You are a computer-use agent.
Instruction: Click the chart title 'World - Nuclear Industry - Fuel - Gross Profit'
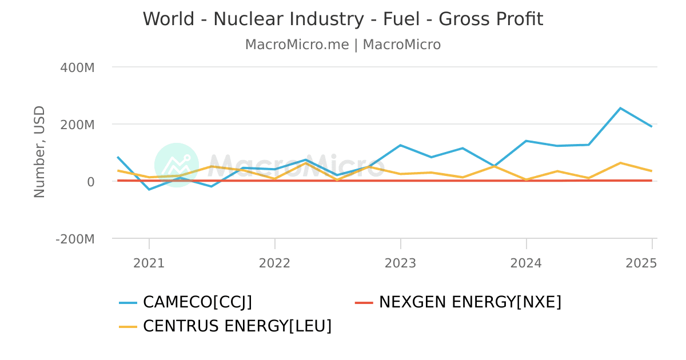click(343, 19)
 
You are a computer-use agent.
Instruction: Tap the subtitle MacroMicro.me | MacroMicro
click(343, 45)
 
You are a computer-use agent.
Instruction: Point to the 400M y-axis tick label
click(77, 67)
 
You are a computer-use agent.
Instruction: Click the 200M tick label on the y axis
click(77, 125)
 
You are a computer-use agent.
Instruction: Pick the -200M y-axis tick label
click(75, 239)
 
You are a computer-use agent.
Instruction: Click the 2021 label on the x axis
click(149, 263)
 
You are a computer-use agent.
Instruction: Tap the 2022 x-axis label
click(275, 263)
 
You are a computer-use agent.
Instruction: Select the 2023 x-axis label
click(401, 263)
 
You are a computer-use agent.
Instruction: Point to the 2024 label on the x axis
click(527, 263)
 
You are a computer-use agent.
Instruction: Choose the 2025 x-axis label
click(641, 263)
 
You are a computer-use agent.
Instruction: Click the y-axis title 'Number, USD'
click(39, 152)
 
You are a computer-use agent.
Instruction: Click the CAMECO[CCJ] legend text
click(197, 302)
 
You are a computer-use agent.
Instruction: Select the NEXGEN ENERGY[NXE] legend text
click(470, 302)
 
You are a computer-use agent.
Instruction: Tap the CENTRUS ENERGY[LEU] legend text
click(237, 326)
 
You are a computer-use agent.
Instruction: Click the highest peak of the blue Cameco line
click(620, 108)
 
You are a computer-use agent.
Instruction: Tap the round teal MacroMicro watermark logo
click(177, 165)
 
